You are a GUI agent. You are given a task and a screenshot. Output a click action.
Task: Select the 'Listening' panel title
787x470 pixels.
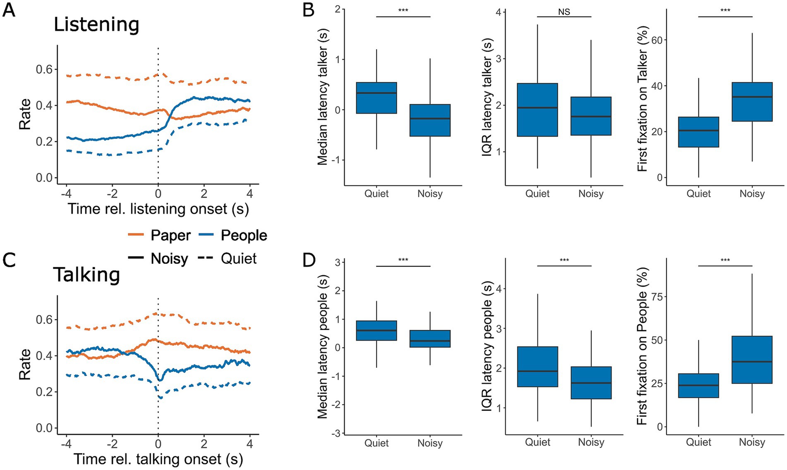tap(96, 25)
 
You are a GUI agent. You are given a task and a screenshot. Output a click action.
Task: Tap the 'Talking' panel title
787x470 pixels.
tap(86, 275)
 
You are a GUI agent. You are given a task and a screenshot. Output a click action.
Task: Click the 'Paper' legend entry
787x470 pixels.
tap(170, 236)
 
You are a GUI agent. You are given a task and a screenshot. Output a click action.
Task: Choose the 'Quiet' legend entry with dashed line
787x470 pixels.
tap(239, 259)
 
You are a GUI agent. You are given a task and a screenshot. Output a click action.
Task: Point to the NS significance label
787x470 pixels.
tap(564, 12)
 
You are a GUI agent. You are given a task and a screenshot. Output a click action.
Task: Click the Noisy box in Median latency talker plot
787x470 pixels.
tap(430, 120)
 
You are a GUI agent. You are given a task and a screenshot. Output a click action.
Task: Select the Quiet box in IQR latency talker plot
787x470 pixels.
tap(537, 110)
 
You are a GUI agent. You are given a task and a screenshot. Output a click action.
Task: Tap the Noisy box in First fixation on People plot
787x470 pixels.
tap(752, 360)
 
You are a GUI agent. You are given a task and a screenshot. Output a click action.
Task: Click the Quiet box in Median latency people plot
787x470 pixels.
tap(377, 331)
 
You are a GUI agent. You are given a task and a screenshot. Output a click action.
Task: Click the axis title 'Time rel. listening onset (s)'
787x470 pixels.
tap(158, 209)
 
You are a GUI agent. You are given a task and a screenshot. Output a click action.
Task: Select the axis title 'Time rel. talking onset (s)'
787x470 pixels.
tap(158, 459)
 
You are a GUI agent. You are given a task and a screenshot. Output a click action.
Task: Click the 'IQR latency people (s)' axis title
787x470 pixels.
tap(487, 347)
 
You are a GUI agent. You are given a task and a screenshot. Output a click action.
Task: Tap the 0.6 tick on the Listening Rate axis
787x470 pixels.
tap(44, 69)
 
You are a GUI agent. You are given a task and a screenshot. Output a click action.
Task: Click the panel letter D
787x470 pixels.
tap(309, 260)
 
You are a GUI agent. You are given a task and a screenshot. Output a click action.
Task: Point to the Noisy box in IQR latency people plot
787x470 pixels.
tap(591, 383)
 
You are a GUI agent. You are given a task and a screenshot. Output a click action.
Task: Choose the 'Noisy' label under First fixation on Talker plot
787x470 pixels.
tap(752, 193)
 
